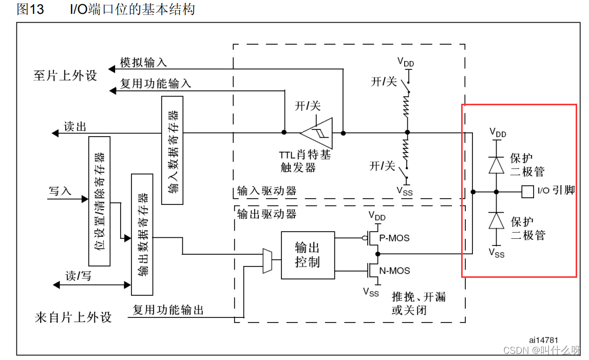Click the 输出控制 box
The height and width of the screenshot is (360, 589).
click(x=308, y=255)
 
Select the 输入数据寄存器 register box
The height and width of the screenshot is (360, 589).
click(x=173, y=150)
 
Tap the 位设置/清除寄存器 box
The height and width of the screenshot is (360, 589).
click(x=99, y=201)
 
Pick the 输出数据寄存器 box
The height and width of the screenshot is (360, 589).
click(x=142, y=235)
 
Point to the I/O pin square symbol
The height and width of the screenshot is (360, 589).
click(x=527, y=192)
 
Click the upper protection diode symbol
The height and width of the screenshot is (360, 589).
click(x=496, y=164)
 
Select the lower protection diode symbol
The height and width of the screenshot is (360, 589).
click(x=496, y=220)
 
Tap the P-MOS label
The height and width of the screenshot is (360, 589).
click(x=394, y=238)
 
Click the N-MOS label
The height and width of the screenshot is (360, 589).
click(x=394, y=271)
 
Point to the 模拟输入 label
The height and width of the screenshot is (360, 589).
click(x=143, y=63)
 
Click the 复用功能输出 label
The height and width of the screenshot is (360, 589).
click(x=168, y=310)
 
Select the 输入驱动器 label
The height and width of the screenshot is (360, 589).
click(x=267, y=191)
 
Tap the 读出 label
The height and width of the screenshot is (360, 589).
click(x=75, y=127)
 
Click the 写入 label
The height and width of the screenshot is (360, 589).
click(x=60, y=191)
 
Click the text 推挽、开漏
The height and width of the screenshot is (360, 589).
click(x=419, y=297)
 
